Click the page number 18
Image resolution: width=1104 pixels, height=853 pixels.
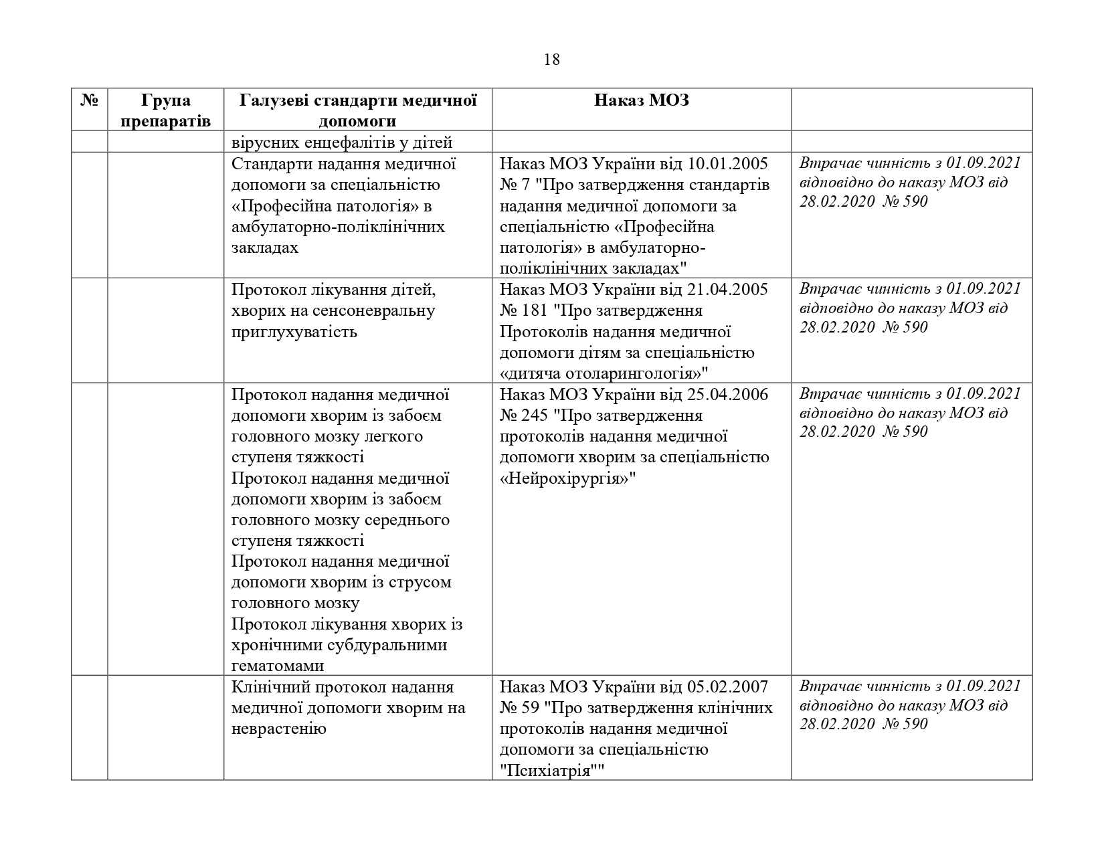click(551, 60)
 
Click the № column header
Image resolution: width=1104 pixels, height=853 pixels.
click(89, 101)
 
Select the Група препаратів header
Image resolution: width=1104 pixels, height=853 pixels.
click(166, 110)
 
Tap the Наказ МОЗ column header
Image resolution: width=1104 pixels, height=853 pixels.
click(641, 101)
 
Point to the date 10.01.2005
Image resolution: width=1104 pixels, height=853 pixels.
click(727, 164)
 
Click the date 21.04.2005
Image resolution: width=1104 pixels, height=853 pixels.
click(727, 290)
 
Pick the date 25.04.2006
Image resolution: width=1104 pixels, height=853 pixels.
click(727, 395)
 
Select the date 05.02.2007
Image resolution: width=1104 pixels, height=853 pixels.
click(727, 687)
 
